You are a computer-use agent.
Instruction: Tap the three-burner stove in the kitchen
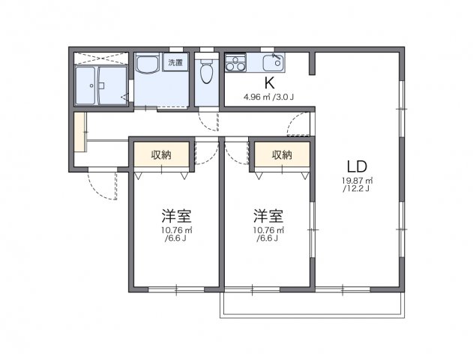(x=236, y=61)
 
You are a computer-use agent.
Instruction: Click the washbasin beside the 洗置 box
(x=146, y=65)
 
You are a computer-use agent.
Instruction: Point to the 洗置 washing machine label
(x=175, y=63)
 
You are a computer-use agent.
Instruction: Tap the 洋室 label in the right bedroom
(x=268, y=216)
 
